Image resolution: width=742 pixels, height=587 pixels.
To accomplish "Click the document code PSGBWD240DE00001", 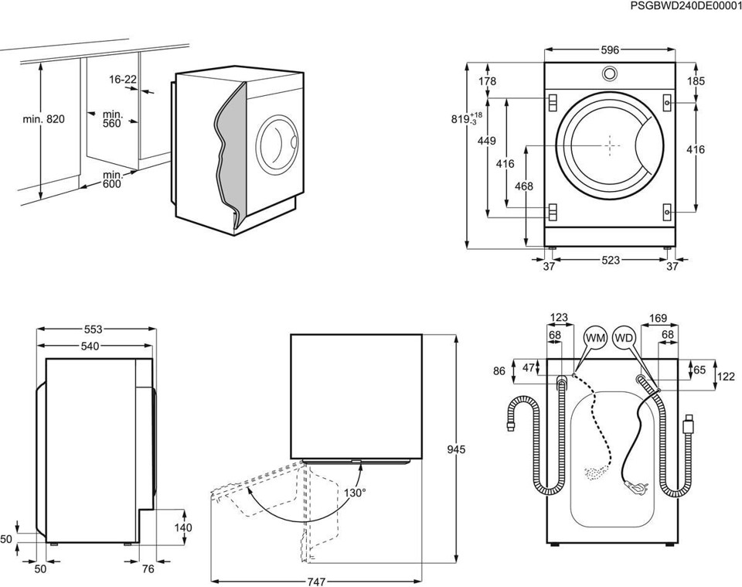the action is point(686,6).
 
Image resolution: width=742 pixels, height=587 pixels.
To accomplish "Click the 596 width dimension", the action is point(610,50).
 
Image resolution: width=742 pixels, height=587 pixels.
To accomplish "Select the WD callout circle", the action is point(625,338).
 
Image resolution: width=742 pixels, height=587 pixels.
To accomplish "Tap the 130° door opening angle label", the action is point(355,492).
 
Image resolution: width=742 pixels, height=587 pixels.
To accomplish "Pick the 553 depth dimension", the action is point(93,329).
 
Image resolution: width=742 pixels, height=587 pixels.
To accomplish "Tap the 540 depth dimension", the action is point(90,346).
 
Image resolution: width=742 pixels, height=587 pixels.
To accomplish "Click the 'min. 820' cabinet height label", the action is point(44,119).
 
